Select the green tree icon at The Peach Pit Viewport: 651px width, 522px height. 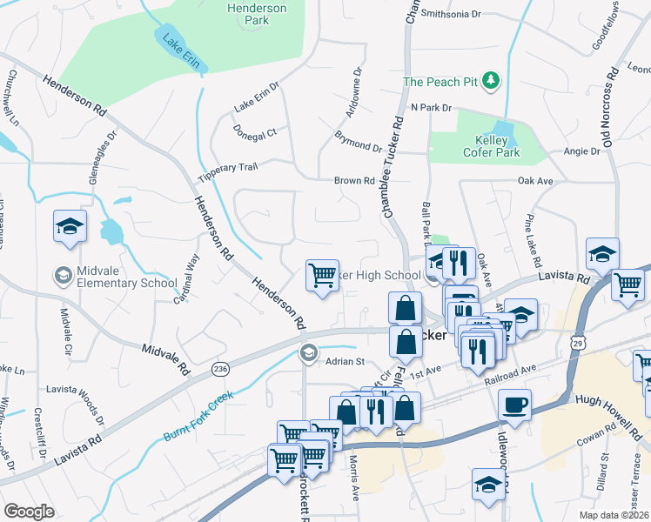(x=491, y=81)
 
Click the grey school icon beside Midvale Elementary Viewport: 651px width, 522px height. (x=63, y=277)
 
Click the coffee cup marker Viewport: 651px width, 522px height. (x=513, y=405)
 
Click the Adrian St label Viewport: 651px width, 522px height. (x=343, y=360)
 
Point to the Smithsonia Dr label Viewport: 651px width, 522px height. (x=450, y=14)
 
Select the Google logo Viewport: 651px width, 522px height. (x=30, y=512)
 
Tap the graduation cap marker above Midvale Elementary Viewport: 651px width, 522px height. (x=70, y=228)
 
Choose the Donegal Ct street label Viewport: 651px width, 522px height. (x=255, y=132)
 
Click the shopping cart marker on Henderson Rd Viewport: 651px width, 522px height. (x=323, y=276)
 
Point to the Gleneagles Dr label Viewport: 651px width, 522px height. (x=102, y=162)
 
